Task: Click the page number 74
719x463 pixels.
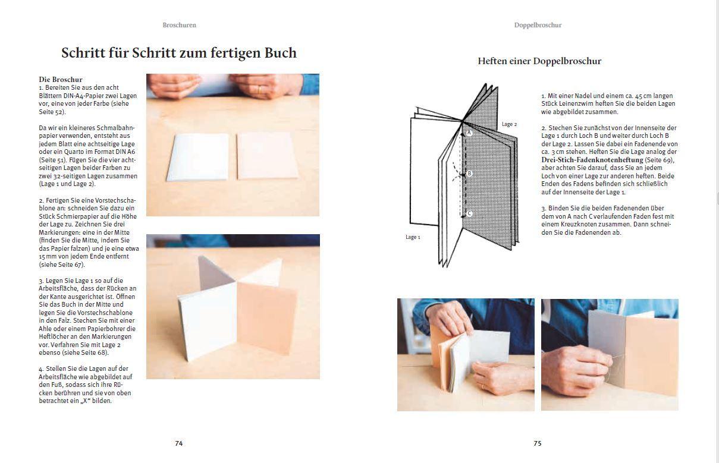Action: (x=178, y=443)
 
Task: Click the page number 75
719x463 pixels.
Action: (x=537, y=443)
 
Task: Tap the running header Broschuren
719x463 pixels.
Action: (x=179, y=25)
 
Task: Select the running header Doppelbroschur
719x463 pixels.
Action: (x=538, y=25)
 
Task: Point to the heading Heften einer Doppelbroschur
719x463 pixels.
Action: (x=539, y=61)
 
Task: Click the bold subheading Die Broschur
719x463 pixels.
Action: (x=61, y=79)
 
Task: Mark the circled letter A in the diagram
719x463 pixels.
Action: (x=469, y=133)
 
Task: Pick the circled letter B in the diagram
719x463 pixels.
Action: (x=469, y=174)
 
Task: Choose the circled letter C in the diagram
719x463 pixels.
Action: (x=469, y=214)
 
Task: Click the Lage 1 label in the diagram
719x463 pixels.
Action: (x=413, y=237)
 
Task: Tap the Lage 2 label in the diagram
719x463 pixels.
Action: (x=509, y=124)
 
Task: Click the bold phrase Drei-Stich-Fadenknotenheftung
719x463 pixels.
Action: (x=592, y=160)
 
